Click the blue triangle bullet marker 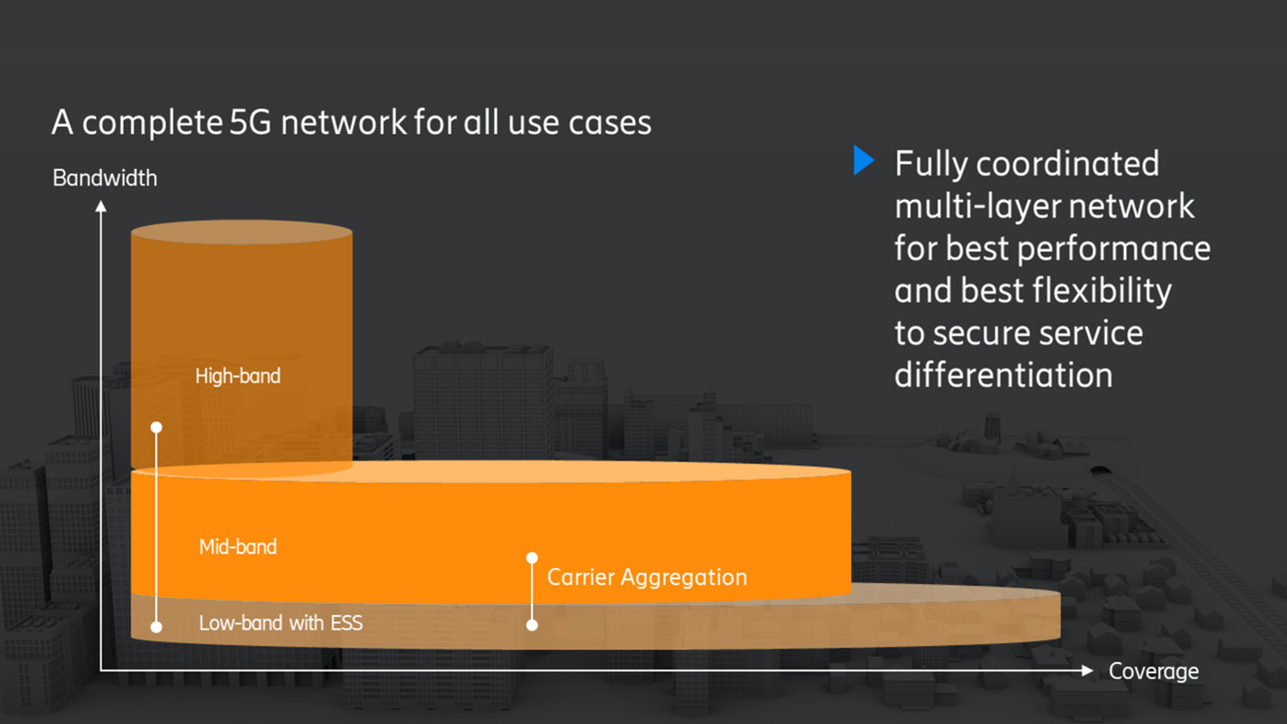click(x=863, y=161)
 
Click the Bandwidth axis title click(x=105, y=178)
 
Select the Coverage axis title click(x=1153, y=671)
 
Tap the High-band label click(x=238, y=376)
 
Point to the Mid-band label click(x=238, y=547)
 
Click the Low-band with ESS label click(x=280, y=623)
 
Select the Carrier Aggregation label click(x=647, y=577)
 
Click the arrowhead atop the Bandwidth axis click(x=101, y=206)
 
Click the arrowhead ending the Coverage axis click(x=1087, y=670)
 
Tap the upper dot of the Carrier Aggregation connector click(x=532, y=558)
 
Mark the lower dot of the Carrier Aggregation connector click(x=532, y=625)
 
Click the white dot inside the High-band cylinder click(x=156, y=427)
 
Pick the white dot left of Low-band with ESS click(x=156, y=627)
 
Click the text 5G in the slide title click(x=250, y=122)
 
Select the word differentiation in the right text click(x=1003, y=375)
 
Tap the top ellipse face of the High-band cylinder click(x=241, y=232)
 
